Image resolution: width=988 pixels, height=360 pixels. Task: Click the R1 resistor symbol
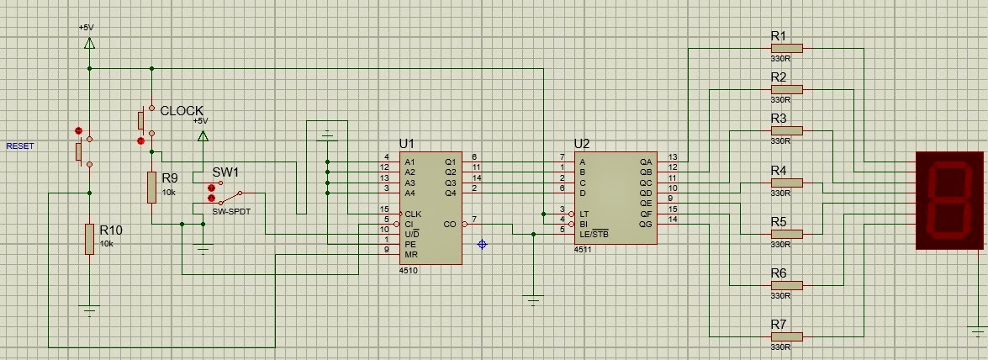pyautogui.click(x=788, y=49)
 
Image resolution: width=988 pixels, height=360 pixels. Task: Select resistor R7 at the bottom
pyautogui.click(x=788, y=336)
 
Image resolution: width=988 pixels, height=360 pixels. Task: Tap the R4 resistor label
pyautogui.click(x=779, y=171)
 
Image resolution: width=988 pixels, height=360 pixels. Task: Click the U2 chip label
pyautogui.click(x=582, y=144)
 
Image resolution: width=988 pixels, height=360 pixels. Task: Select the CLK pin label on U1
pyautogui.click(x=412, y=214)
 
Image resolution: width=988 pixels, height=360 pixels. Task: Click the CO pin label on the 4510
pyautogui.click(x=450, y=225)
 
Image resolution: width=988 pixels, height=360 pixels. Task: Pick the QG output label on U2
pyautogui.click(x=646, y=225)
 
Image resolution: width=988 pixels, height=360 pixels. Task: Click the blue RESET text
pyautogui.click(x=21, y=146)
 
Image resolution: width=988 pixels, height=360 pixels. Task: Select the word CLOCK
pyautogui.click(x=182, y=111)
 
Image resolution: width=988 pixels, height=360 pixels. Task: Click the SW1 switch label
pyautogui.click(x=225, y=172)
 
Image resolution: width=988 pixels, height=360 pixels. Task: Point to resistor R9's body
pyautogui.click(x=151, y=187)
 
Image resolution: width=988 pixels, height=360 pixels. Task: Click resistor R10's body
pyautogui.click(x=89, y=240)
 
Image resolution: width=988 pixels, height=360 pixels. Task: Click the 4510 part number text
pyautogui.click(x=409, y=271)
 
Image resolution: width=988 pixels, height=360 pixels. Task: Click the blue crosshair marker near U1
pyautogui.click(x=482, y=244)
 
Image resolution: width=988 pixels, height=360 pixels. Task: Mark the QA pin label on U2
pyautogui.click(x=646, y=161)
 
